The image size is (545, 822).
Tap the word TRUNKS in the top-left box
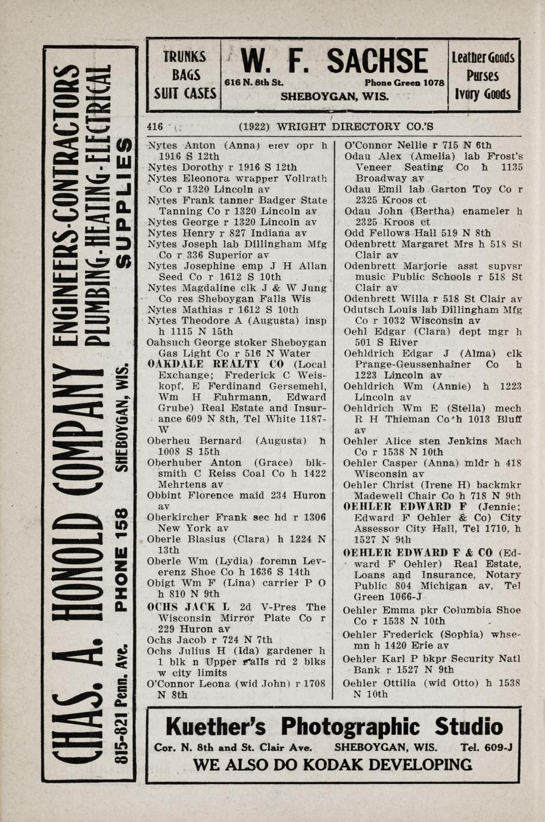[185, 57]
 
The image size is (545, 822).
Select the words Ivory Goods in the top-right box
[483, 95]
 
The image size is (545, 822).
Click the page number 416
[155, 126]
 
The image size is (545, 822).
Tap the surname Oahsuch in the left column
[166, 342]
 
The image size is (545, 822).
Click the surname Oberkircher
[176, 517]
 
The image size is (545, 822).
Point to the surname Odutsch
[363, 310]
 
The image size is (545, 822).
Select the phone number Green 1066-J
[388, 597]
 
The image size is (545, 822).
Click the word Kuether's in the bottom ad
[219, 727]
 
